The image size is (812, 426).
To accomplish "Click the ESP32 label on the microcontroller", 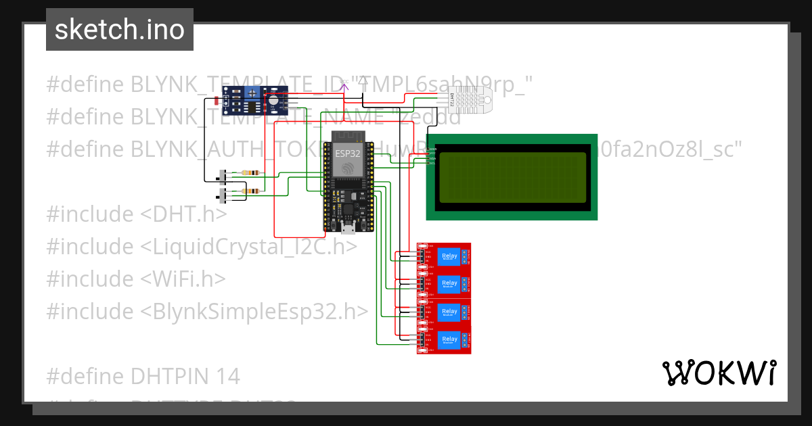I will click(348, 154).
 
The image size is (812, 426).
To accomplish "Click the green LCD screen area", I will click(512, 177).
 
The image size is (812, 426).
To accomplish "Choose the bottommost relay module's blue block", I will click(449, 339).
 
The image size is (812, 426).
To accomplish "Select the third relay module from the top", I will click(444, 312).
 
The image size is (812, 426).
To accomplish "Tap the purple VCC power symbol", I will click(344, 85).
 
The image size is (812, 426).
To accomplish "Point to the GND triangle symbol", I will click(363, 81).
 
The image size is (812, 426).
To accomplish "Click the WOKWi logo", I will click(719, 373).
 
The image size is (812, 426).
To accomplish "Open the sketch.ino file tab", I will click(120, 30).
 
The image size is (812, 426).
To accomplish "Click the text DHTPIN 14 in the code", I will click(143, 376).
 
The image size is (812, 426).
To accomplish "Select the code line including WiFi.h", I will click(136, 279).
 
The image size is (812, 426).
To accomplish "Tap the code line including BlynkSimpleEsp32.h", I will click(208, 311).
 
